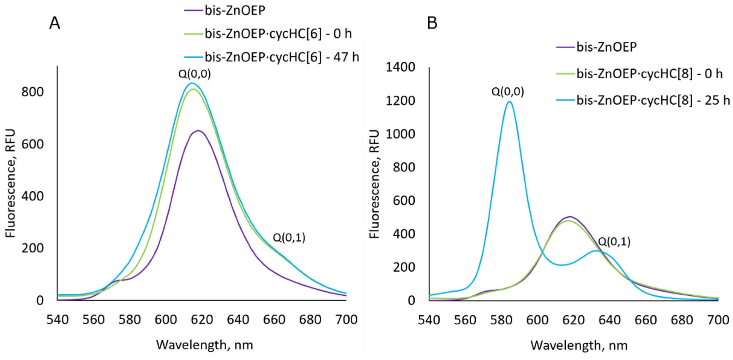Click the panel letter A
(55, 23)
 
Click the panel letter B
(432, 23)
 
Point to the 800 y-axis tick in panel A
(33, 92)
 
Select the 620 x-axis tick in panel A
(202, 320)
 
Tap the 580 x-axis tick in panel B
(501, 320)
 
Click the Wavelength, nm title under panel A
(204, 345)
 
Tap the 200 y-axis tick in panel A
(33, 248)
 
